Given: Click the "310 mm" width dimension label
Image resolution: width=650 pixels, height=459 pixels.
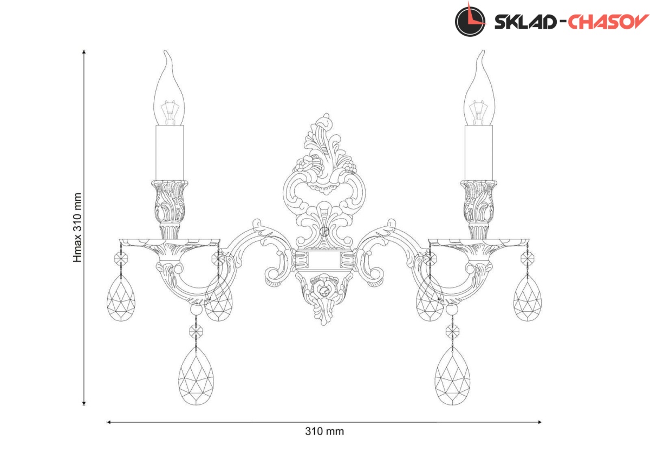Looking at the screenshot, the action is [x=324, y=431].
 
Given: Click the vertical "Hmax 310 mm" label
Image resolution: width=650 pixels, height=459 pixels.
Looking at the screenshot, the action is [x=77, y=228].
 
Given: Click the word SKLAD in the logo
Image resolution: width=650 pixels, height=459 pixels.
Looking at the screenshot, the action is [x=525, y=22].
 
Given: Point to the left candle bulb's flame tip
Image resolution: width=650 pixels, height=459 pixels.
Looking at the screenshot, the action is [x=165, y=51].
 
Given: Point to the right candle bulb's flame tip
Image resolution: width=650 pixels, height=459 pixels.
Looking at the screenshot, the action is [x=483, y=51].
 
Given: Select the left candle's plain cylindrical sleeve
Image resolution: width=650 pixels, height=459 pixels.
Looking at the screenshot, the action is [x=170, y=153].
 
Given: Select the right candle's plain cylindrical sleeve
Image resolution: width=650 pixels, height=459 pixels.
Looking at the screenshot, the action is [x=479, y=153].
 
